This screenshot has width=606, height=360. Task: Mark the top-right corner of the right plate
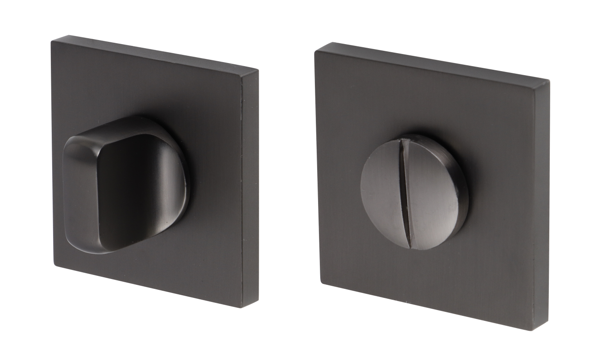pos(549,81)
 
